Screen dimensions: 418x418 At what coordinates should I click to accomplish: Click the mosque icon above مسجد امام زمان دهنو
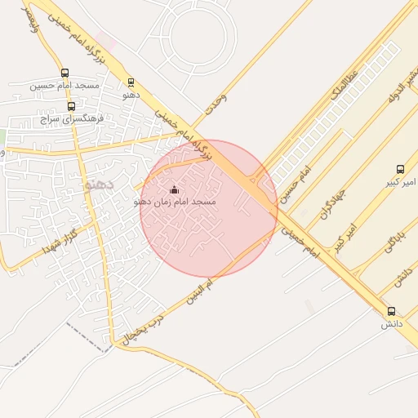[x=173, y=189]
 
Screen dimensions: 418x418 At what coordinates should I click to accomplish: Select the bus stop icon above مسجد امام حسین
[x=64, y=72]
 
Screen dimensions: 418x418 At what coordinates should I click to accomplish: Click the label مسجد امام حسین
[x=64, y=85]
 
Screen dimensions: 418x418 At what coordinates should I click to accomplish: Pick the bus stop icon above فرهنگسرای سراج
[x=71, y=106]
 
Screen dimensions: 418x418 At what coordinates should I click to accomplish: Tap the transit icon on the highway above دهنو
[x=131, y=82]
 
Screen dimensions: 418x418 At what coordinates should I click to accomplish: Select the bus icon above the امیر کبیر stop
[x=399, y=169]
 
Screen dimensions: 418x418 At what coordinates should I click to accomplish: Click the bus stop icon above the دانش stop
[x=391, y=311]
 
